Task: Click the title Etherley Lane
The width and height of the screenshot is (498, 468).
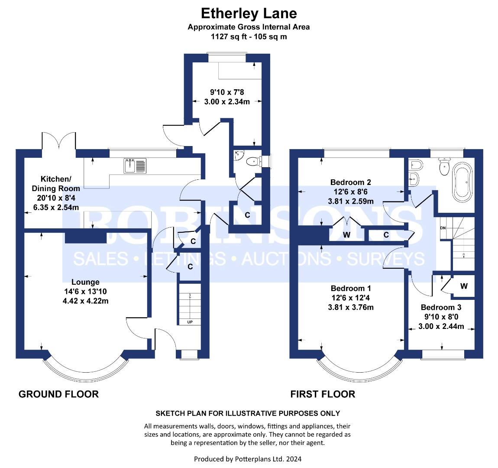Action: pos(249,14)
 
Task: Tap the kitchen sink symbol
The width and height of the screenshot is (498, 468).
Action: pos(135,166)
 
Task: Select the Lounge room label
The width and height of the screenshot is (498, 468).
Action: pos(85,282)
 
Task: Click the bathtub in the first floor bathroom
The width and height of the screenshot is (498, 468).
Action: pos(462,182)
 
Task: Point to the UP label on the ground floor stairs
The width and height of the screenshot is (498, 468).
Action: pos(190,322)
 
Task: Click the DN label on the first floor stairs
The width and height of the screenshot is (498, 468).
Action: pos(443,228)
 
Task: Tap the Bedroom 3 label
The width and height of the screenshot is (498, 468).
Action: pos(441,307)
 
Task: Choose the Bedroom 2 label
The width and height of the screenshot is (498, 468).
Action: pos(350,182)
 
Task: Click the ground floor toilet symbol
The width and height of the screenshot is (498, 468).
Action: pos(254,161)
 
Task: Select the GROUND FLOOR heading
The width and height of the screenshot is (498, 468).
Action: pos(59,394)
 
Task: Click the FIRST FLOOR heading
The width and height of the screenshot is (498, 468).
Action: pos(323,394)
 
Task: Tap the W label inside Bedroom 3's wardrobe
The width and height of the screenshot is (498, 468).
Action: pos(464,286)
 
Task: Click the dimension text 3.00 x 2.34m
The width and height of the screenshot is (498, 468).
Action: pos(227,102)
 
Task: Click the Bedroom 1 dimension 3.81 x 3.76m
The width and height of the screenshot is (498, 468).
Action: pos(351,307)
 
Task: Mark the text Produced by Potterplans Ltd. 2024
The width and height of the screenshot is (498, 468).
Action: pos(248,459)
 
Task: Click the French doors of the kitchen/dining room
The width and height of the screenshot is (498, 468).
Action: pos(59,141)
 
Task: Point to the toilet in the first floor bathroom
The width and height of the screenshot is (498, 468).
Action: pos(444,166)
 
